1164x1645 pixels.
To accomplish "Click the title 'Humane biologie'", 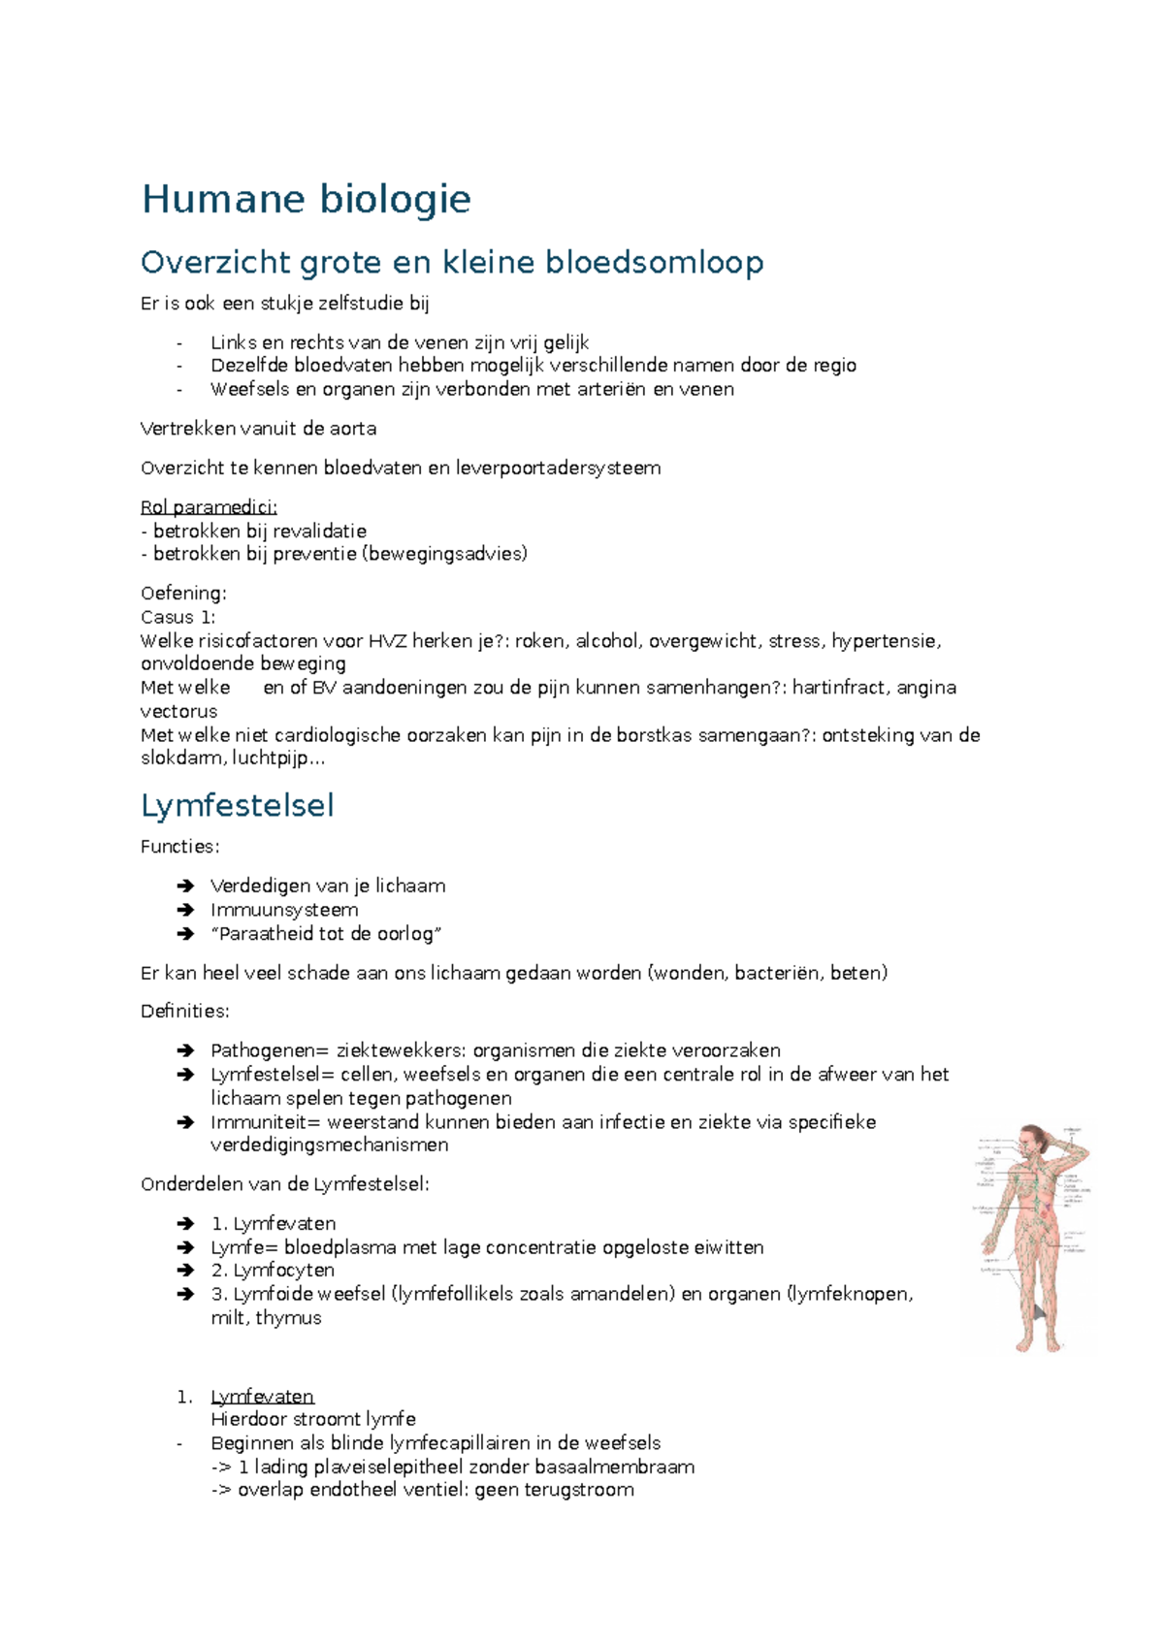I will click(306, 200).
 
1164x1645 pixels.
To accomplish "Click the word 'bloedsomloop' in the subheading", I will click(654, 262).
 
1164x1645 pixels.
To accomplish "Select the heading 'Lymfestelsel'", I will click(237, 806).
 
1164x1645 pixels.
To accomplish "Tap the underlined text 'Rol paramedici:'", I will click(209, 507).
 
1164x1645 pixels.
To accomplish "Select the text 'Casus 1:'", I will click(178, 617).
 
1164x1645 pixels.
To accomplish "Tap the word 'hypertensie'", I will click(885, 641).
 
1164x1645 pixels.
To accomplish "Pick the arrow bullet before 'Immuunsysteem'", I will click(186, 910).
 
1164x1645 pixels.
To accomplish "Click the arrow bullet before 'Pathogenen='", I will click(186, 1050).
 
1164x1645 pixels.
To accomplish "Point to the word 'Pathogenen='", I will click(269, 1050).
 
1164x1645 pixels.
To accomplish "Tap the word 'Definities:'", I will click(185, 1012).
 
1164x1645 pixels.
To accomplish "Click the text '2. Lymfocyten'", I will click(273, 1271).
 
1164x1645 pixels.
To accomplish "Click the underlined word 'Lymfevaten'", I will click(262, 1397).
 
